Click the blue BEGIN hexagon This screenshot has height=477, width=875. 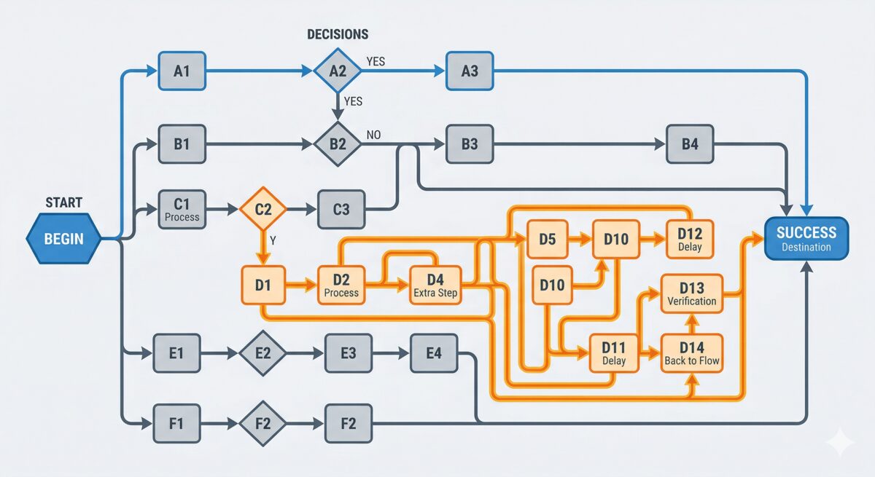coord(63,238)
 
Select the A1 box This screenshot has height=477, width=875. coord(182,71)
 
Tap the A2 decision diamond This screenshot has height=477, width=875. coord(337,71)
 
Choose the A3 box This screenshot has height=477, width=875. coord(470,71)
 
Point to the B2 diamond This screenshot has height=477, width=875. coord(337,143)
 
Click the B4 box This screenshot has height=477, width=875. coord(690,143)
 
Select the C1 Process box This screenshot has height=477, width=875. coord(182,209)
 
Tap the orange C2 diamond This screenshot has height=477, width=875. coord(263,209)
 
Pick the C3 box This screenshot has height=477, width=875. coord(341,209)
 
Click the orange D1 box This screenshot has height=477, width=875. coord(263,285)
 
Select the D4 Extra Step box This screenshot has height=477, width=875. coord(435,285)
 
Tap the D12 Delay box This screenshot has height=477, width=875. coord(689,238)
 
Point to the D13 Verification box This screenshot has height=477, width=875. coord(692,293)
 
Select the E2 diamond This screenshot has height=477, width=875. coord(263,354)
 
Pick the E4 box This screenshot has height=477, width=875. coord(435,354)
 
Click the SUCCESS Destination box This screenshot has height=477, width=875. coord(806,238)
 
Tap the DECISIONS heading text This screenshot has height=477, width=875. coord(338,34)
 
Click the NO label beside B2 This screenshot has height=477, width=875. coord(373,135)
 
